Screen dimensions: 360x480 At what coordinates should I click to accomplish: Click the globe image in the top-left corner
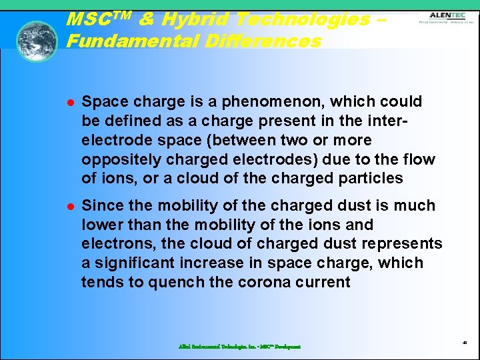coord(37,41)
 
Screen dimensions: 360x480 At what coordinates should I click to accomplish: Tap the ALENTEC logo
coord(447,17)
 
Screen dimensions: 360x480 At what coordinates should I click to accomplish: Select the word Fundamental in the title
coord(128,41)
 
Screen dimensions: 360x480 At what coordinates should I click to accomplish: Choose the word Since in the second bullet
coord(101,206)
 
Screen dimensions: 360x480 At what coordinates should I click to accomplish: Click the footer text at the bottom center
coord(239,347)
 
